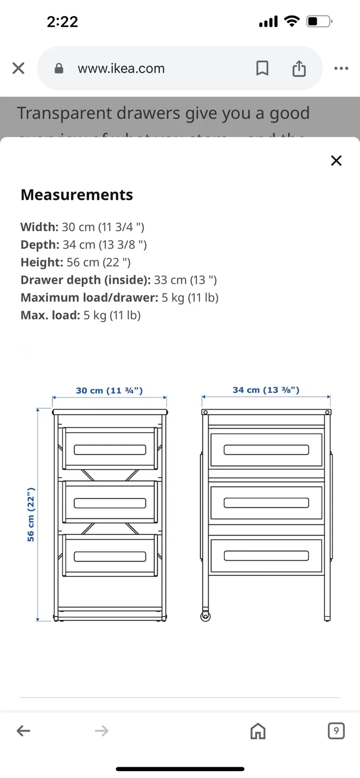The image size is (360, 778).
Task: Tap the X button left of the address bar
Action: point(18,69)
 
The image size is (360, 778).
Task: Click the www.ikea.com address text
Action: point(121,69)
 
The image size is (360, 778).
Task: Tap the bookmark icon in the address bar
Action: point(262,69)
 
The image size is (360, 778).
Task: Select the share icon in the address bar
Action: point(299,69)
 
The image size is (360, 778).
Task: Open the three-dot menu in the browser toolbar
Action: point(341,69)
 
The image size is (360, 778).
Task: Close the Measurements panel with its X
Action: point(336,160)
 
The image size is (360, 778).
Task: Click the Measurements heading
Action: point(77,195)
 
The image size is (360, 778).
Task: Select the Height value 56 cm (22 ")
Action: point(98,263)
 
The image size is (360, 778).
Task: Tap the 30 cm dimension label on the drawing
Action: point(109,390)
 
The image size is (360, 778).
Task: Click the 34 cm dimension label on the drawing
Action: point(266,390)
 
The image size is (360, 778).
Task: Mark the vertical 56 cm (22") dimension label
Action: point(31,514)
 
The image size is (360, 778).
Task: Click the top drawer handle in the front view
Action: point(110,450)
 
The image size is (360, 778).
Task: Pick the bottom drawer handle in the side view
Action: point(266,555)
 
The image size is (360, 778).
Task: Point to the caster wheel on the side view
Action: point(205,616)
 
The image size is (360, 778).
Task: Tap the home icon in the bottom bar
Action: point(258,731)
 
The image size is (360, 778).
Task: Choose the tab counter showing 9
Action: point(336,731)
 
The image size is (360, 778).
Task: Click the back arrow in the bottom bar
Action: point(23,731)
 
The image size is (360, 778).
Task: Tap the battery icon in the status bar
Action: point(318,22)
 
